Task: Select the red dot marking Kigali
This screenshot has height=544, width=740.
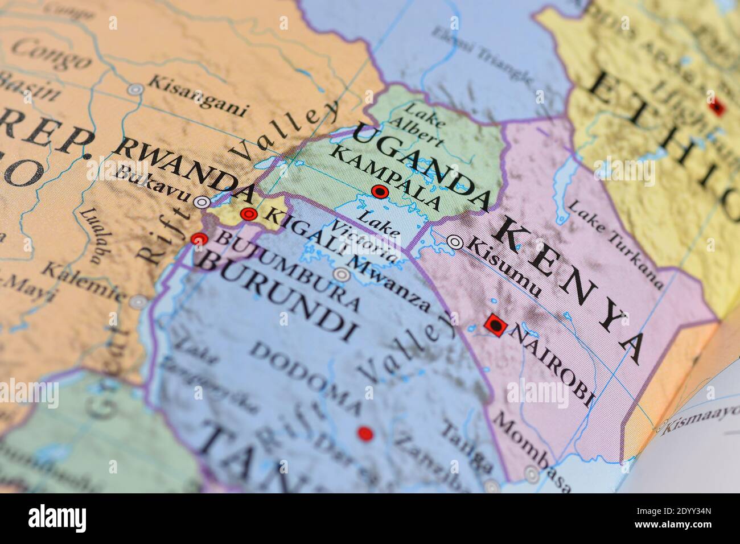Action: [248, 214]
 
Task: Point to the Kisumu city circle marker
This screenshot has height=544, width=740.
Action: [455, 242]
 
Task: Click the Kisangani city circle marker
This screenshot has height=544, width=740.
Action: [135, 89]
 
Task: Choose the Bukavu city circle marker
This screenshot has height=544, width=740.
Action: [202, 201]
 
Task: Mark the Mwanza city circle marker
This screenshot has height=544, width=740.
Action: [342, 275]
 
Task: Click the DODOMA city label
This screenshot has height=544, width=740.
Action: [307, 378]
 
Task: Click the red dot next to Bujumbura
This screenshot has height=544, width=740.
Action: [199, 239]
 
